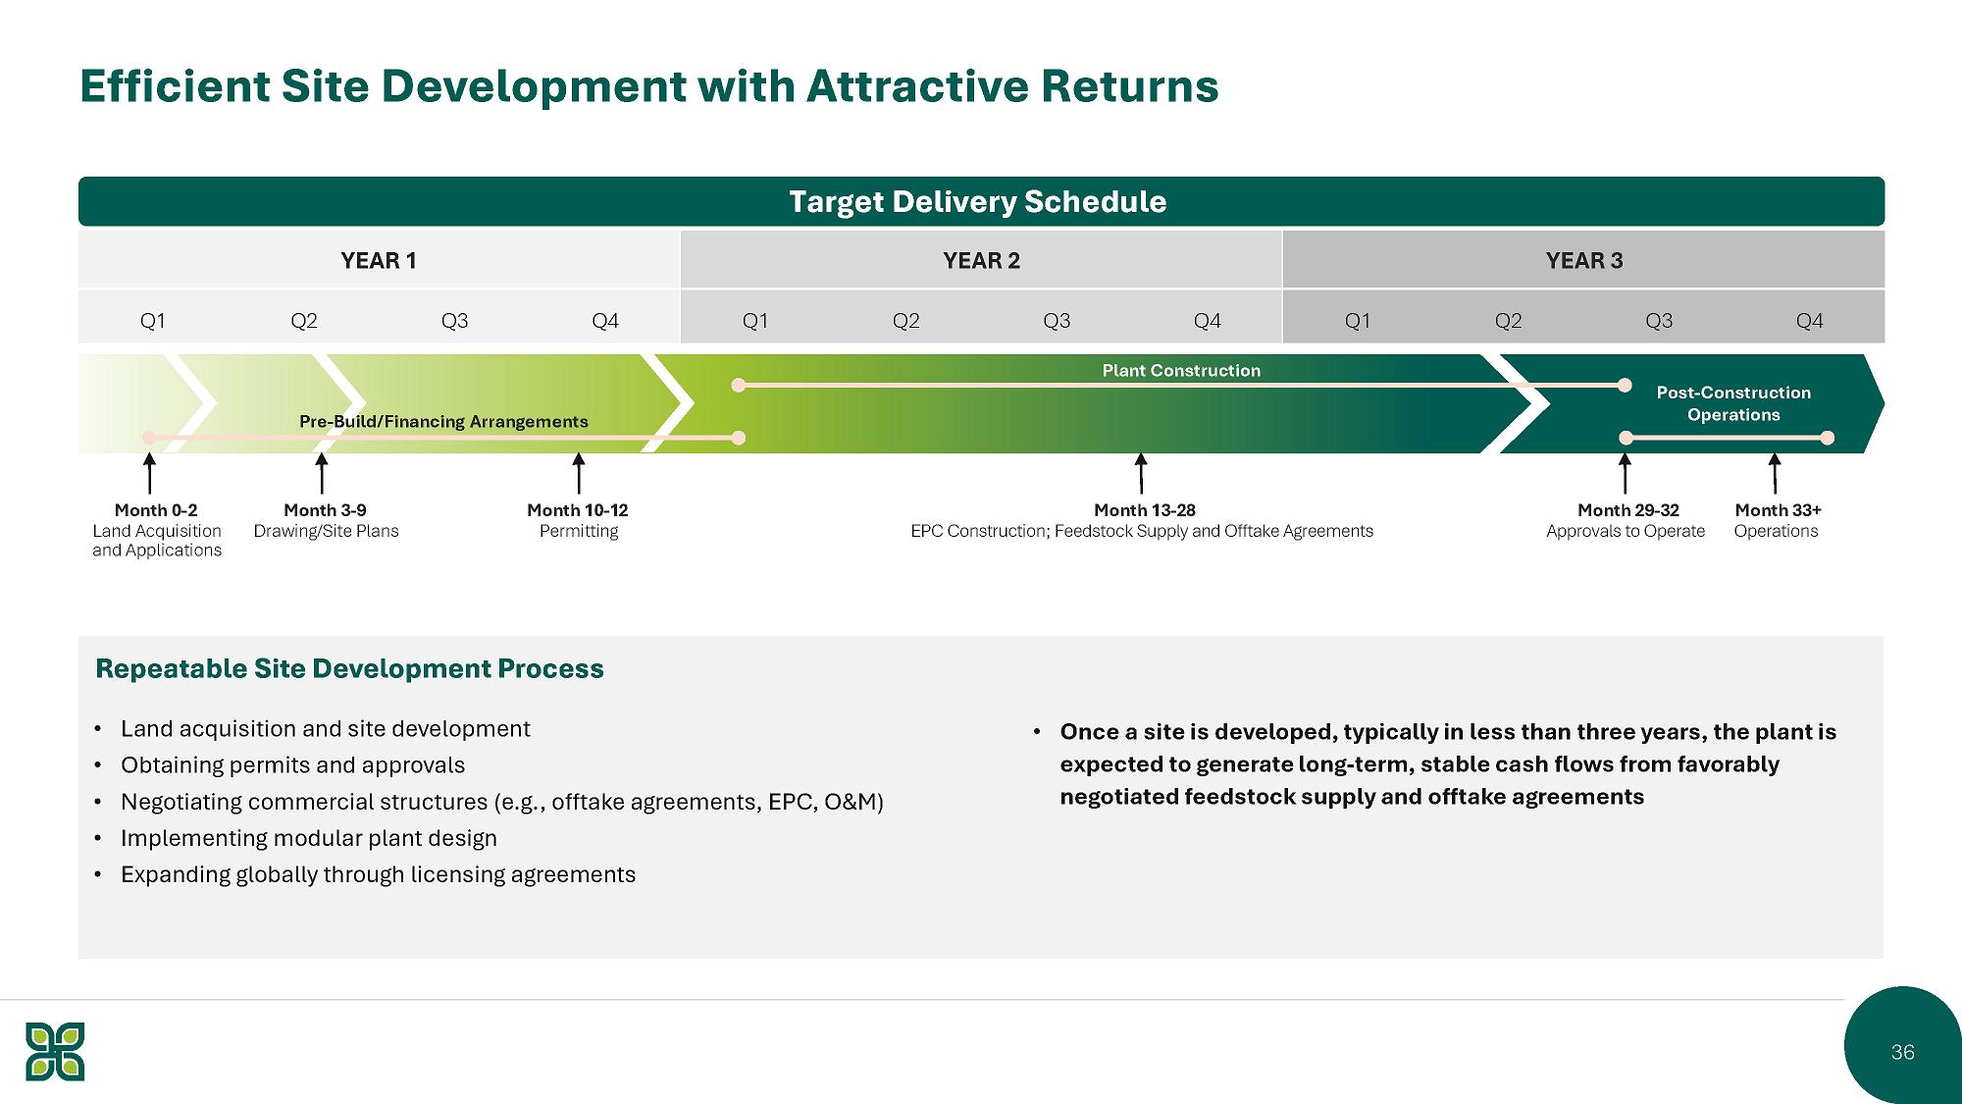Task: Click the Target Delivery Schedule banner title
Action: click(977, 202)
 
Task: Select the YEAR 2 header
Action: click(981, 261)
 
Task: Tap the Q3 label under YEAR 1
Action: click(454, 321)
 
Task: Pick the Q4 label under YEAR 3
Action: click(1809, 321)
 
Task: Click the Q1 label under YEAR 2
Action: click(755, 321)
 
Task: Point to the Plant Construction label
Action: click(1181, 371)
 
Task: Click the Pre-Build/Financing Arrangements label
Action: click(443, 422)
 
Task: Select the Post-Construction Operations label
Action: click(1733, 403)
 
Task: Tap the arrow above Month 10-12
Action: click(579, 473)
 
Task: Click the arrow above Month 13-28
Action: click(1141, 473)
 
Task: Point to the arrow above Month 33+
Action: click(1775, 473)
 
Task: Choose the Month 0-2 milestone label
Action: click(156, 510)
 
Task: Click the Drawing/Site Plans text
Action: click(327, 531)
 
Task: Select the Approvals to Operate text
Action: click(1626, 531)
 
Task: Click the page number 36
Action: click(1902, 1052)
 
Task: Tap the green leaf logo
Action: click(55, 1051)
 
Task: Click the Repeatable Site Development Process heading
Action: click(349, 669)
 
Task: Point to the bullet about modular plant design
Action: click(308, 838)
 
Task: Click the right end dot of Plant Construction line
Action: click(1625, 386)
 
